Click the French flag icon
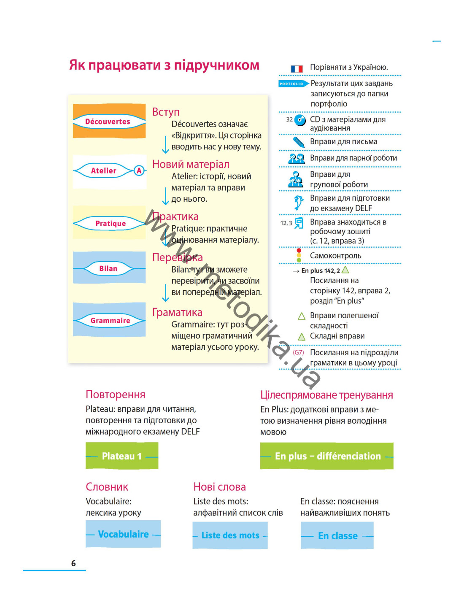(297, 68)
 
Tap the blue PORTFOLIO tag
(293, 84)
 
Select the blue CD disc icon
(300, 120)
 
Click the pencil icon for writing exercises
(299, 142)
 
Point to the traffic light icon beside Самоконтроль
(299, 255)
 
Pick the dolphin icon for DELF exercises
(298, 203)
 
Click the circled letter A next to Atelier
(139, 170)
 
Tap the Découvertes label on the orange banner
(108, 122)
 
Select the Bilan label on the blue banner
(108, 268)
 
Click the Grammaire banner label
(110, 320)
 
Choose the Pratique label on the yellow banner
(111, 223)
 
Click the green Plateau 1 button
(122, 456)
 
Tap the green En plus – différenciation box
(326, 456)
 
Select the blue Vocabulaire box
(123, 534)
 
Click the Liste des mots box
(230, 535)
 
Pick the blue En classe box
(337, 535)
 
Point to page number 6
(73, 563)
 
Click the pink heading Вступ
(166, 112)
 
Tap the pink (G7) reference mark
(298, 352)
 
